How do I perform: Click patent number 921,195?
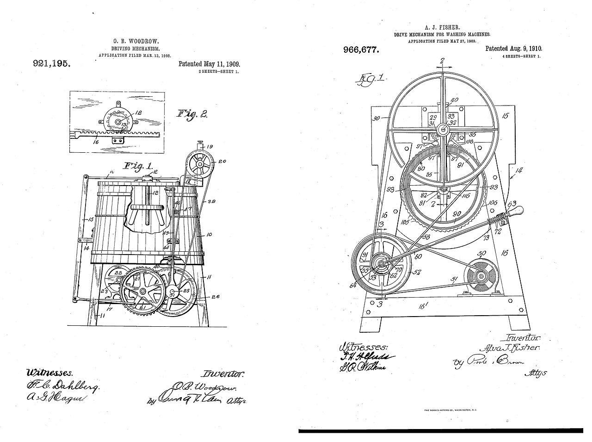point(51,64)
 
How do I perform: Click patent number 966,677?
point(361,50)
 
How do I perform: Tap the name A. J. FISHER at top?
point(443,27)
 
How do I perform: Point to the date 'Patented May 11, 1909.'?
point(209,64)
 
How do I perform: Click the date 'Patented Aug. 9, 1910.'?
point(514,49)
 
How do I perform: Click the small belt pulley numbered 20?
point(199,164)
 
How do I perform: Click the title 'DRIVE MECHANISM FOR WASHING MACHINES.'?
point(443,35)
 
